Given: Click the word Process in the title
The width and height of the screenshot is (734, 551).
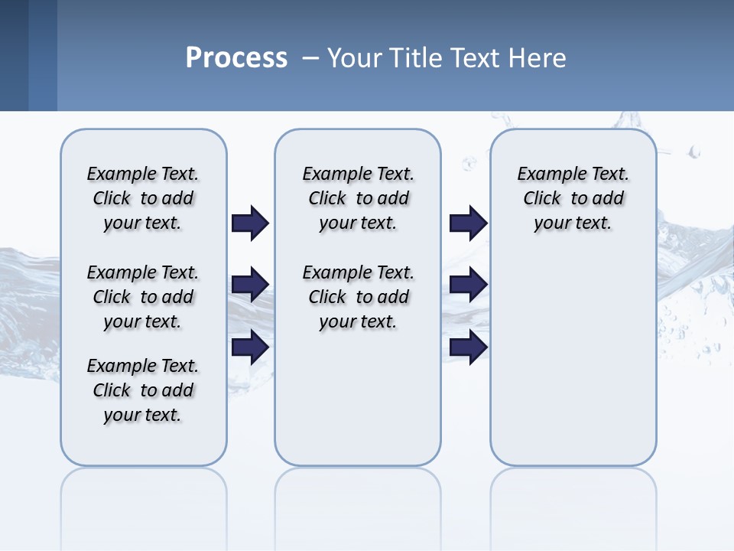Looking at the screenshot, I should pos(236,57).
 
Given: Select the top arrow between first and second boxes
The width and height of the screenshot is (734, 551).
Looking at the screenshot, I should pos(250,223).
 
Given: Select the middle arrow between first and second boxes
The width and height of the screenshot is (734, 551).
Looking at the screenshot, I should pos(250,285).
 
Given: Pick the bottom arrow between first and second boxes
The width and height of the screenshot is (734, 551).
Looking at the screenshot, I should pos(250,347).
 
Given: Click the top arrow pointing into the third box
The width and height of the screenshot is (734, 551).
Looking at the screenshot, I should pos(468,223).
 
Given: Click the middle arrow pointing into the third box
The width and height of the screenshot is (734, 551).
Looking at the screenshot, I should pos(468,285).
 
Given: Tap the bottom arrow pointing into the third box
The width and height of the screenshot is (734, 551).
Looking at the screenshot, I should pos(468,347).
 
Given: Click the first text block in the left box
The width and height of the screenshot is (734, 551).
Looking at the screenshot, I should pos(143,198).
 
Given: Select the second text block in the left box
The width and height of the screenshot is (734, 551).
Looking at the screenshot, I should pos(143,297).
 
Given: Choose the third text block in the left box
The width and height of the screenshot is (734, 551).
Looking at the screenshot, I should pos(143,390).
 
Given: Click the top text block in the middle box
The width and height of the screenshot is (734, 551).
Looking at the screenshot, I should pos(358,198).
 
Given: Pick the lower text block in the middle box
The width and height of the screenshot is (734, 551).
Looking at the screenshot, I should pos(358,297).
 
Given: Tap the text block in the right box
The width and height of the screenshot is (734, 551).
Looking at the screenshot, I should pos(573,198).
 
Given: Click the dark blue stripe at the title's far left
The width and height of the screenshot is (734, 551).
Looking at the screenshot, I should pos(14,55).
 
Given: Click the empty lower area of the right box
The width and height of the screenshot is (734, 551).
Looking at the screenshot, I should pos(573,360).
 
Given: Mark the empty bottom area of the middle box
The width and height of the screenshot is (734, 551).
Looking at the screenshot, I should pos(358,406).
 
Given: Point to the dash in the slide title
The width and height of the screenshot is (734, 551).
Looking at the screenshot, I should pos(310,58).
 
